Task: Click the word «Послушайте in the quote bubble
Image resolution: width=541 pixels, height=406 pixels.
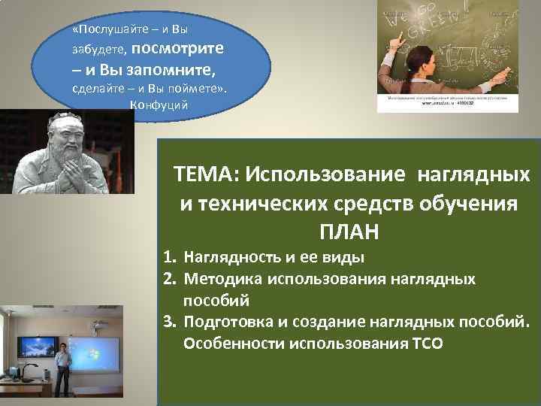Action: [x=105, y=29]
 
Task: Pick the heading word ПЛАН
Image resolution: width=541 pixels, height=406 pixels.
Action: [x=348, y=231]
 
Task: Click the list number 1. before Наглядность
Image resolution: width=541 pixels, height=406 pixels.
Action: [x=171, y=259]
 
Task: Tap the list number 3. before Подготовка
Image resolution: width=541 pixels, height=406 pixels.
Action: [x=171, y=323]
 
